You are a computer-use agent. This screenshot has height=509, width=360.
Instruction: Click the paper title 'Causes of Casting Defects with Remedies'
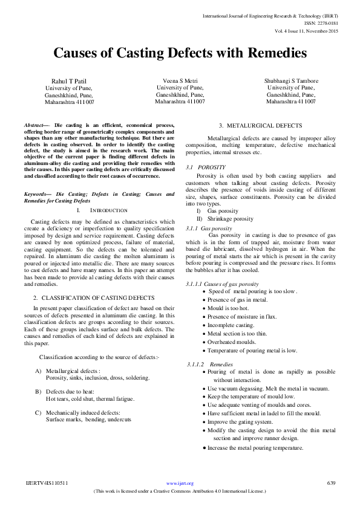pyautogui.click(x=180, y=53)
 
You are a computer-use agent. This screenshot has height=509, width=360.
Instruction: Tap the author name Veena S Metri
pyautogui.click(x=180, y=80)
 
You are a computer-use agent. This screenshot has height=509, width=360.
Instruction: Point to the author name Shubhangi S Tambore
pyautogui.click(x=290, y=80)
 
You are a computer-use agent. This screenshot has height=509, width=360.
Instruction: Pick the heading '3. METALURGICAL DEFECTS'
pyautogui.click(x=260, y=125)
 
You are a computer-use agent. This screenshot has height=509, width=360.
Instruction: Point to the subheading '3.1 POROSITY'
pyautogui.click(x=206, y=167)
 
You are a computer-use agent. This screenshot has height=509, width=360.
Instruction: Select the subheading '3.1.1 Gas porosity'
pyautogui.click(x=209, y=229)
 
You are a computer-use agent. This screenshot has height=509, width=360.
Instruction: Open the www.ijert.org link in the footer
pyautogui.click(x=179, y=483)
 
